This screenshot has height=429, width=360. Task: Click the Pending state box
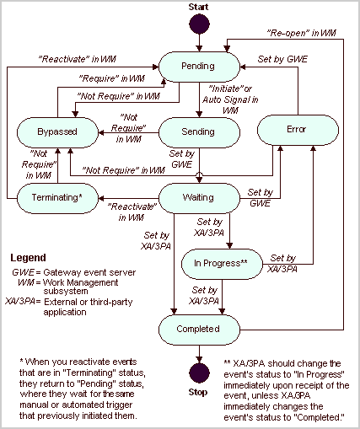[x=199, y=66]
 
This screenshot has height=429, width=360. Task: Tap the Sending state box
[x=199, y=131]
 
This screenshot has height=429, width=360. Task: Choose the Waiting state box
[x=199, y=197]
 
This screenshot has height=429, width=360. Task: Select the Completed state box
[x=199, y=329]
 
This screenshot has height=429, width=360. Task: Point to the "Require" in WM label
[x=110, y=78]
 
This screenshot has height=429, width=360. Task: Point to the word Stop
[x=199, y=392]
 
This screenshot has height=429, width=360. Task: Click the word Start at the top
[x=199, y=7]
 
